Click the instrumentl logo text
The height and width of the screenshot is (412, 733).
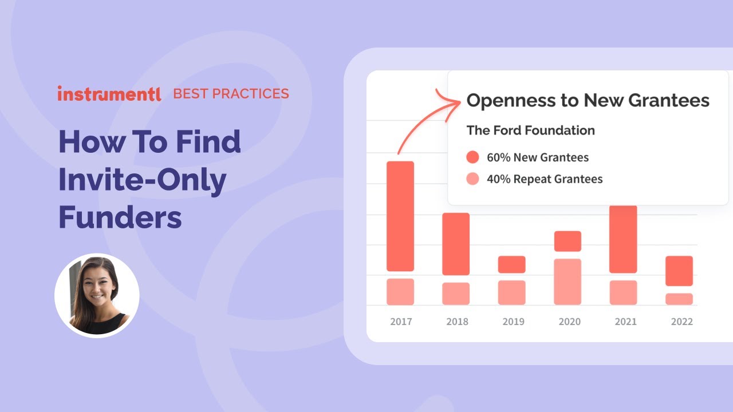point(109,94)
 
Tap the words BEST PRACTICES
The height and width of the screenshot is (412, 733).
point(231,94)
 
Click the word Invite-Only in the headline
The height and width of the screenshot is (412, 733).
point(143,180)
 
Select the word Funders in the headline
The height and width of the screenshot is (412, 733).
point(120,217)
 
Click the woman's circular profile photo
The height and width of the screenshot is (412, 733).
point(97,296)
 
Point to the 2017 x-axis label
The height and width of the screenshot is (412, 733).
point(401,322)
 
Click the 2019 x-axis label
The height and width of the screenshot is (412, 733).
point(513,322)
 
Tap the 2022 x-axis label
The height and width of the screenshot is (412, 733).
point(681,322)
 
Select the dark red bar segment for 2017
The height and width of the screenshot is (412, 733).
point(400,216)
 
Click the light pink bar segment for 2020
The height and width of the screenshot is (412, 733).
point(568,282)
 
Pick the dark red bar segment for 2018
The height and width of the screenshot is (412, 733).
point(456,244)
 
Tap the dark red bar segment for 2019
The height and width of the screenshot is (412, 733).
point(511,264)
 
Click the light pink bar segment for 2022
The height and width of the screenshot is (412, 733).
point(679,299)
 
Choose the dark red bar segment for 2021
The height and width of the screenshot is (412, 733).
point(623,239)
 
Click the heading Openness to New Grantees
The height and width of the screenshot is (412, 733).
point(588,101)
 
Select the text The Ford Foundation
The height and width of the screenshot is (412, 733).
point(530,130)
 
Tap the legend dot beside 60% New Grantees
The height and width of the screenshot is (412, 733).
point(472,157)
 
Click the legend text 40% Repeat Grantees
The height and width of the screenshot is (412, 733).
point(545,179)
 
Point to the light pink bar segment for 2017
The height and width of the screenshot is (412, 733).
point(400,291)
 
